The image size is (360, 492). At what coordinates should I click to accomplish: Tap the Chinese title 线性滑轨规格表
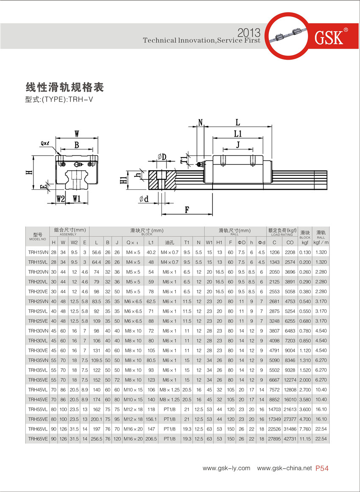click(65, 88)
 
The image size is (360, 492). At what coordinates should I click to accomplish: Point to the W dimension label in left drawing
click(77, 133)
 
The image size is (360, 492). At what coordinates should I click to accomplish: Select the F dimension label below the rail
click(186, 209)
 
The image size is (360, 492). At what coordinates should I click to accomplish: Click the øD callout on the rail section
click(161, 157)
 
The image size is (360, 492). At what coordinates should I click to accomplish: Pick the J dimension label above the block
click(238, 145)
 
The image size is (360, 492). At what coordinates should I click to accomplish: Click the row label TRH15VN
click(38, 252)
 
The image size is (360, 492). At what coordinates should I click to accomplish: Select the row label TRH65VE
click(38, 439)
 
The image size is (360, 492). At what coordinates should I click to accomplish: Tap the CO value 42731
click(290, 439)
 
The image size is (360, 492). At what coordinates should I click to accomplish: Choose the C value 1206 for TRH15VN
click(274, 252)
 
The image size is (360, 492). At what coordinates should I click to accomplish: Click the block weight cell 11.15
click(305, 439)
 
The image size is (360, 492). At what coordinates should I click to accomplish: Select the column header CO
click(290, 242)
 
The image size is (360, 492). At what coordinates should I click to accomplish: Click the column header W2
click(74, 242)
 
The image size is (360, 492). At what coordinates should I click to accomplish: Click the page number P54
click(322, 468)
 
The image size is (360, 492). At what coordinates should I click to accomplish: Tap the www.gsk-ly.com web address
click(227, 468)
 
